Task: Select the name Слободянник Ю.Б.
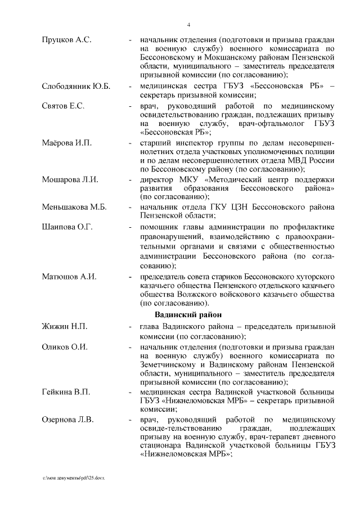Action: [76, 86]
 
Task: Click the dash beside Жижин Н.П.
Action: [130, 327]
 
